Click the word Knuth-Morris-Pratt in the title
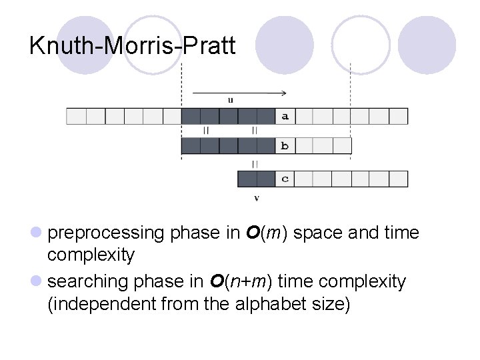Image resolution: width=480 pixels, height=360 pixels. (133, 46)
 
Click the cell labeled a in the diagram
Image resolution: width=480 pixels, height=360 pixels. (285, 116)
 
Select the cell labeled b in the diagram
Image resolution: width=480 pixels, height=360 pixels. (285, 145)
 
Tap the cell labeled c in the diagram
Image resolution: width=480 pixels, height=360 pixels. (285, 179)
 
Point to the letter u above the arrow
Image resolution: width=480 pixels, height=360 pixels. (231, 101)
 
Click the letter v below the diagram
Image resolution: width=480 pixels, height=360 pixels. (257, 198)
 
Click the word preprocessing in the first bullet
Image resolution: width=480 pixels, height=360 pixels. (106, 233)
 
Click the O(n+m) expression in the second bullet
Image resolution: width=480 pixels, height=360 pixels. (239, 282)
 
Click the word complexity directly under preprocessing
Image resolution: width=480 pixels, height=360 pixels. (91, 255)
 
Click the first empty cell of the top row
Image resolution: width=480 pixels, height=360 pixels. (76, 116)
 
